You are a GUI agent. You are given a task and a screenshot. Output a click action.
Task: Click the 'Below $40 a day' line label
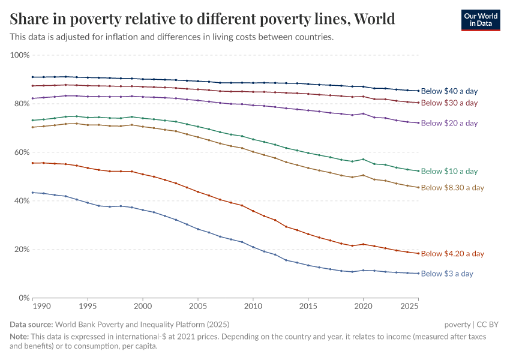click(449, 91)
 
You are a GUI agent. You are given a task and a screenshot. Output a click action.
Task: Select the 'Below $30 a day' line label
click(449, 103)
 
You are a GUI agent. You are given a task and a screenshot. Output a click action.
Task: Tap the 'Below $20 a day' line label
click(449, 123)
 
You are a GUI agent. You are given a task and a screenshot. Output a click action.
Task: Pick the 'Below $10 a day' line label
click(449, 171)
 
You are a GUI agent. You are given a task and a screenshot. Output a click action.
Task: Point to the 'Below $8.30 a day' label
click(452, 188)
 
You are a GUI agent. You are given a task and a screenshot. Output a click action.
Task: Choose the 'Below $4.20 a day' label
click(452, 254)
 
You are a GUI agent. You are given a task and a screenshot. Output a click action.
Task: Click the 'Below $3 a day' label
click(447, 274)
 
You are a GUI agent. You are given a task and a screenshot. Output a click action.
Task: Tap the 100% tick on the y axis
click(20, 55)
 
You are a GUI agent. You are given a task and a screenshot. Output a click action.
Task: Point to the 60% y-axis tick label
click(21, 152)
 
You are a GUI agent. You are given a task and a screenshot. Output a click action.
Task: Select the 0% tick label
click(23, 298)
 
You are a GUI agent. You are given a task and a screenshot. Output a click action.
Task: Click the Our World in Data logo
click(481, 20)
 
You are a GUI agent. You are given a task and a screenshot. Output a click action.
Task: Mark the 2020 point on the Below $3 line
click(363, 270)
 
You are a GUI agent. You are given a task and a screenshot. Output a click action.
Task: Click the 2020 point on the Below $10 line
click(363, 159)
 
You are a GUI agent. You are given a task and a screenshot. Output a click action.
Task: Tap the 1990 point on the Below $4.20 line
click(33, 163)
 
